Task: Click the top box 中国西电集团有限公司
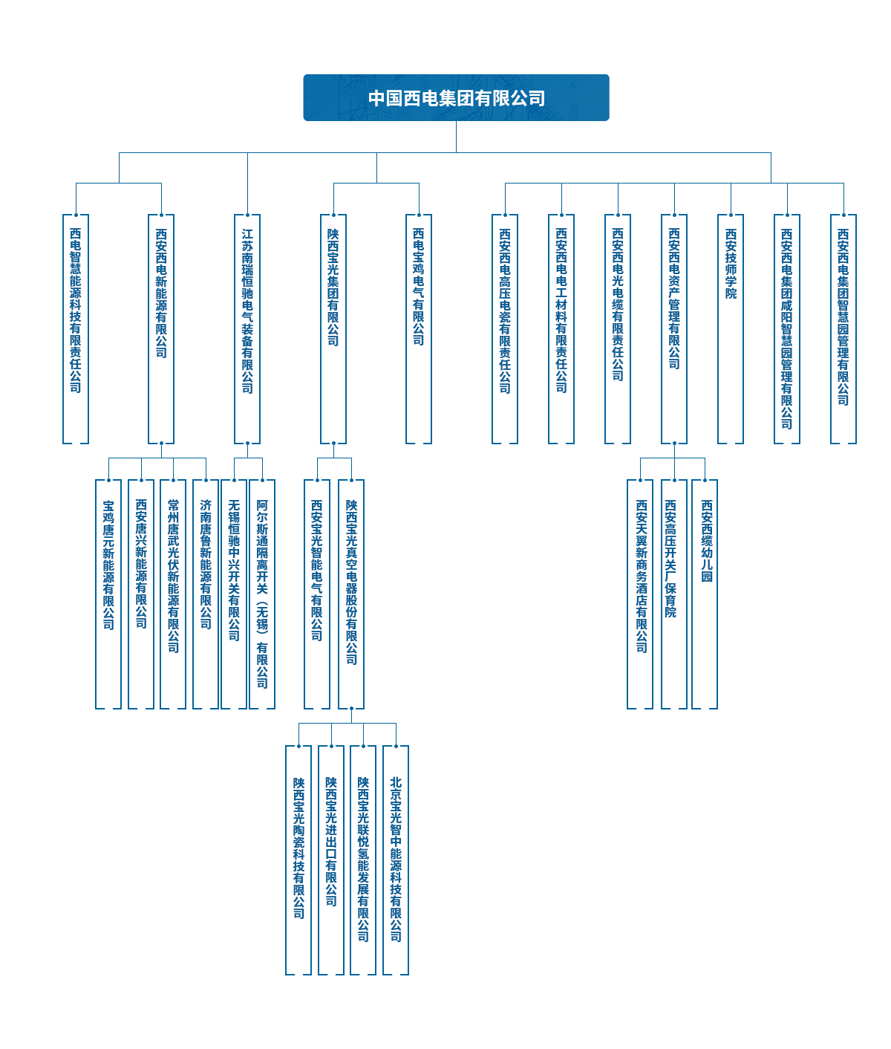(x=456, y=97)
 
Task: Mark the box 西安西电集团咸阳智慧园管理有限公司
(x=787, y=329)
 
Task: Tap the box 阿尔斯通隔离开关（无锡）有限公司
(x=262, y=594)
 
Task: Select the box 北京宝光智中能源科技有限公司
(x=396, y=860)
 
